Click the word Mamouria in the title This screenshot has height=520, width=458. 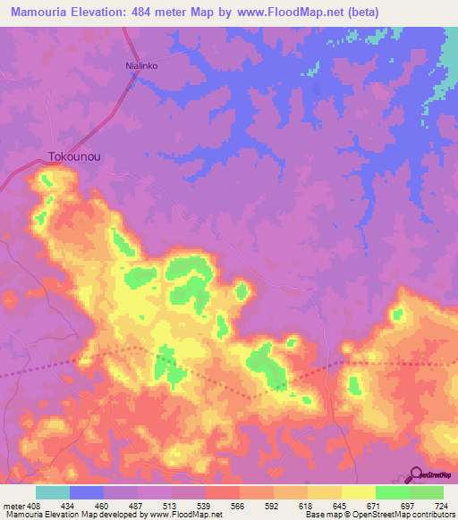click(41, 12)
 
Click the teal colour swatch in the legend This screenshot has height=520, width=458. click(53, 492)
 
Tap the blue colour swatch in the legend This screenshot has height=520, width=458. click(87, 492)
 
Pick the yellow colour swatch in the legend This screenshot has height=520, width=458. click(358, 492)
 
